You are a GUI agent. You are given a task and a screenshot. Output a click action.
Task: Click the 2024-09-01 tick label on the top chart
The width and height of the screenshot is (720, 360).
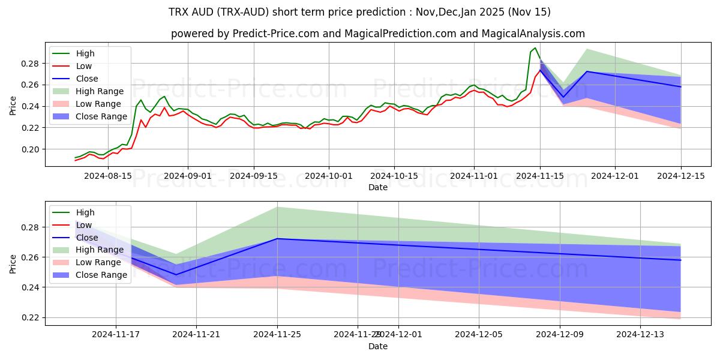click(188, 176)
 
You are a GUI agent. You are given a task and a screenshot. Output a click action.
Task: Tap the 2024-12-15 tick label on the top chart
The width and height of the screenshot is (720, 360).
click(681, 176)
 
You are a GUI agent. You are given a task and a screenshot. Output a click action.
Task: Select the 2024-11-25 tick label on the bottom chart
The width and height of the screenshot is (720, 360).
click(277, 334)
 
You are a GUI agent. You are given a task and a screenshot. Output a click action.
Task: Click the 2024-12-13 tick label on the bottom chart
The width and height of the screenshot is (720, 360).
click(641, 334)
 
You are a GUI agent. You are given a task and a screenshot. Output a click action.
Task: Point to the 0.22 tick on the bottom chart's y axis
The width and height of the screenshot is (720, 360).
click(31, 317)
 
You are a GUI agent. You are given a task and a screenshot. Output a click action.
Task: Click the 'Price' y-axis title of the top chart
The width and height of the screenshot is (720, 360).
click(13, 106)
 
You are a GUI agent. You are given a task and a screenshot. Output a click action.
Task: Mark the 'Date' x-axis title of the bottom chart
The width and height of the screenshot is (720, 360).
click(378, 346)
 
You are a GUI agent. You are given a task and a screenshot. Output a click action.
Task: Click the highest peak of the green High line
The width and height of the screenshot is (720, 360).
click(535, 48)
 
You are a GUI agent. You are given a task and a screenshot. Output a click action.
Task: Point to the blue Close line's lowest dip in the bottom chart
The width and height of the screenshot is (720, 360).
click(176, 275)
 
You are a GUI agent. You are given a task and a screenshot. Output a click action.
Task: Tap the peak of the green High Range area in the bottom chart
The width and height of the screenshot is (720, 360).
click(277, 207)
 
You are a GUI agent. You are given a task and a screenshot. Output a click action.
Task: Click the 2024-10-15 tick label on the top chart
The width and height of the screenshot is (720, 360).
click(394, 176)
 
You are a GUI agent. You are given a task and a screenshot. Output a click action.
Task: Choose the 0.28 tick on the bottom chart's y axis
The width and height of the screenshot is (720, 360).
click(31, 227)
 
